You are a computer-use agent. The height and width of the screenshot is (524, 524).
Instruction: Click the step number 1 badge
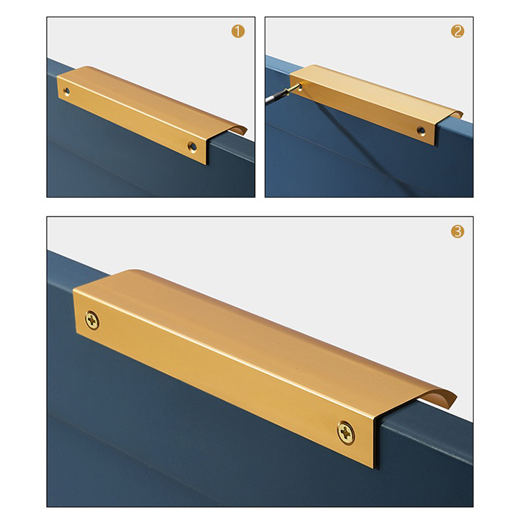(x=238, y=31)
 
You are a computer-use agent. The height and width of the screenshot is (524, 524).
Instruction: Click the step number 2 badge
(x=458, y=31)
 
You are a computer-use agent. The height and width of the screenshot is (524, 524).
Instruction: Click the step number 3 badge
(x=458, y=231)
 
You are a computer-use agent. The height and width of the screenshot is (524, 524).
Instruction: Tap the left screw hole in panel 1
(x=67, y=91)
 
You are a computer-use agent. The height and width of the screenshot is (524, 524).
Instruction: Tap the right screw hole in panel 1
(x=192, y=146)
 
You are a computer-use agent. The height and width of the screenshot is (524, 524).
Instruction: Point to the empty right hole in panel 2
(x=421, y=131)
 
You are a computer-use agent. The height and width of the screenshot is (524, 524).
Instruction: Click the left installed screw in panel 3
(x=92, y=320)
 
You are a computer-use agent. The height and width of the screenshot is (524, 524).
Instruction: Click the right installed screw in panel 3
(x=346, y=432)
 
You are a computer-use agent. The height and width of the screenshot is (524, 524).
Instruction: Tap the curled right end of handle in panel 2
(x=455, y=114)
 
